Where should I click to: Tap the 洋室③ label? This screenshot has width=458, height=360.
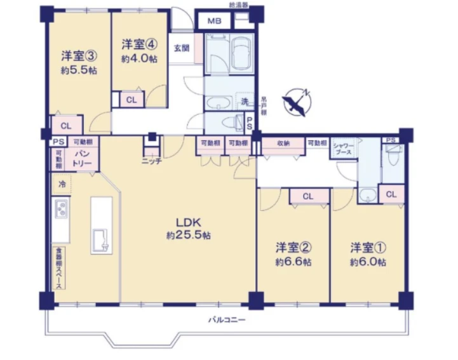(78, 55)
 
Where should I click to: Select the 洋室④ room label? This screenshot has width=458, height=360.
(138, 44)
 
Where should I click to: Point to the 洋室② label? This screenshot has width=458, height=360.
(293, 246)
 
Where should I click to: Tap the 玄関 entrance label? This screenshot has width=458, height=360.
(181, 47)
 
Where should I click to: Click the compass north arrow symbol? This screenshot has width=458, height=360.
(297, 104)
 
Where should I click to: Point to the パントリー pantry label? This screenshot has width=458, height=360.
(83, 159)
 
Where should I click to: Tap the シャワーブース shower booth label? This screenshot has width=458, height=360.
(344, 150)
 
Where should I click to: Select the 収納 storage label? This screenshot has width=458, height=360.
(283, 143)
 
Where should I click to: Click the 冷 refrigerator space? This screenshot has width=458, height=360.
(62, 184)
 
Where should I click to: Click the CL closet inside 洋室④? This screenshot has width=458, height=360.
(131, 100)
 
